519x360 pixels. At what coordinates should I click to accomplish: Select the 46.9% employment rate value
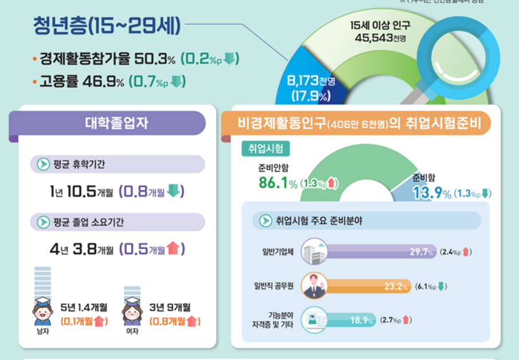pyautogui.click(x=104, y=82)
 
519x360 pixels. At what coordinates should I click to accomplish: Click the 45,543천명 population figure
pyautogui.click(x=380, y=38)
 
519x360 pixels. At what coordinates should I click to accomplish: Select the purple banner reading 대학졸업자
pyautogui.click(x=108, y=123)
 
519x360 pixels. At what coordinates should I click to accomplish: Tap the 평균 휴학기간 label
pyautogui.click(x=79, y=165)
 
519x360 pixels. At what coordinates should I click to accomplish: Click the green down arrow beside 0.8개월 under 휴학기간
pyautogui.click(x=174, y=191)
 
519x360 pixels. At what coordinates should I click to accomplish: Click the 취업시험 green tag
pyautogui.click(x=265, y=148)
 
